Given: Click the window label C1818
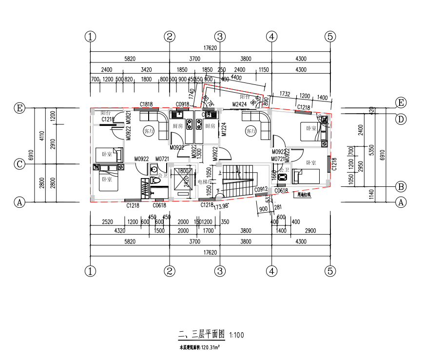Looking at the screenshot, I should tap(146, 104).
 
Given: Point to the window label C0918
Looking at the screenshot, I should tap(182, 104).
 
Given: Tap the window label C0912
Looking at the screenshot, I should tap(261, 189).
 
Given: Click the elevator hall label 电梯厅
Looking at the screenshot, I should tap(204, 181).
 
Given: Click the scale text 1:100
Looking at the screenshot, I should tap(236, 336).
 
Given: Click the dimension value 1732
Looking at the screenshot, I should tap(285, 94).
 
